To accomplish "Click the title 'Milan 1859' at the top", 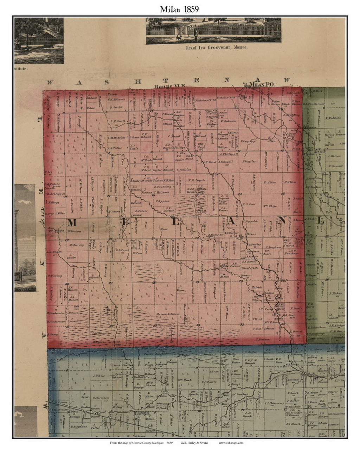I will (179, 9).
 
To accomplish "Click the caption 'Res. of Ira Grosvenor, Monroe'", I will (213, 46).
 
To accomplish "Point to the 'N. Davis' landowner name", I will (296, 308).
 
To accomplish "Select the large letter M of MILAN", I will (72, 223).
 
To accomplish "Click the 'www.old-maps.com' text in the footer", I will (231, 443).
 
